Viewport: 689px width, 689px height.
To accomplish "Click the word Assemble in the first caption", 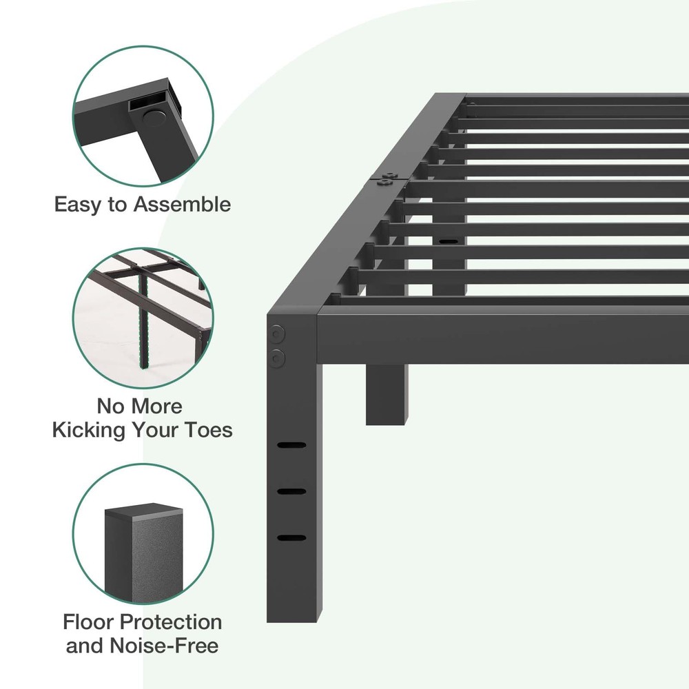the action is coord(182,205).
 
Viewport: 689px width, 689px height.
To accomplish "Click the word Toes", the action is coord(208,430).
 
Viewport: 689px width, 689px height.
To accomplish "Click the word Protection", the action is coord(170,621).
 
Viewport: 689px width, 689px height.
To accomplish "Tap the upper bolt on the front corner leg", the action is coord(276,335).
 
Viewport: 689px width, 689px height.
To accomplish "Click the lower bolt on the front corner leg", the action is coord(277,358).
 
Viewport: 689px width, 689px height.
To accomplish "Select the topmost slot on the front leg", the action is coord(291,445).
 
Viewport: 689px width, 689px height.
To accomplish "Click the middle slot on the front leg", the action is coord(291,492).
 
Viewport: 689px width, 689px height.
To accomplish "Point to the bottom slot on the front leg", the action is coord(291,538).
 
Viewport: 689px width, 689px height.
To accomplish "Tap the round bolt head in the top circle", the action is coord(154,119).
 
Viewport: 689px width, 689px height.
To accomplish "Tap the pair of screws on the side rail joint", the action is coord(387,178).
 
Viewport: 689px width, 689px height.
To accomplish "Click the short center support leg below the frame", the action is coord(387,394).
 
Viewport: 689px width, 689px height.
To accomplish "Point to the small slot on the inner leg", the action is coord(448,241).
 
